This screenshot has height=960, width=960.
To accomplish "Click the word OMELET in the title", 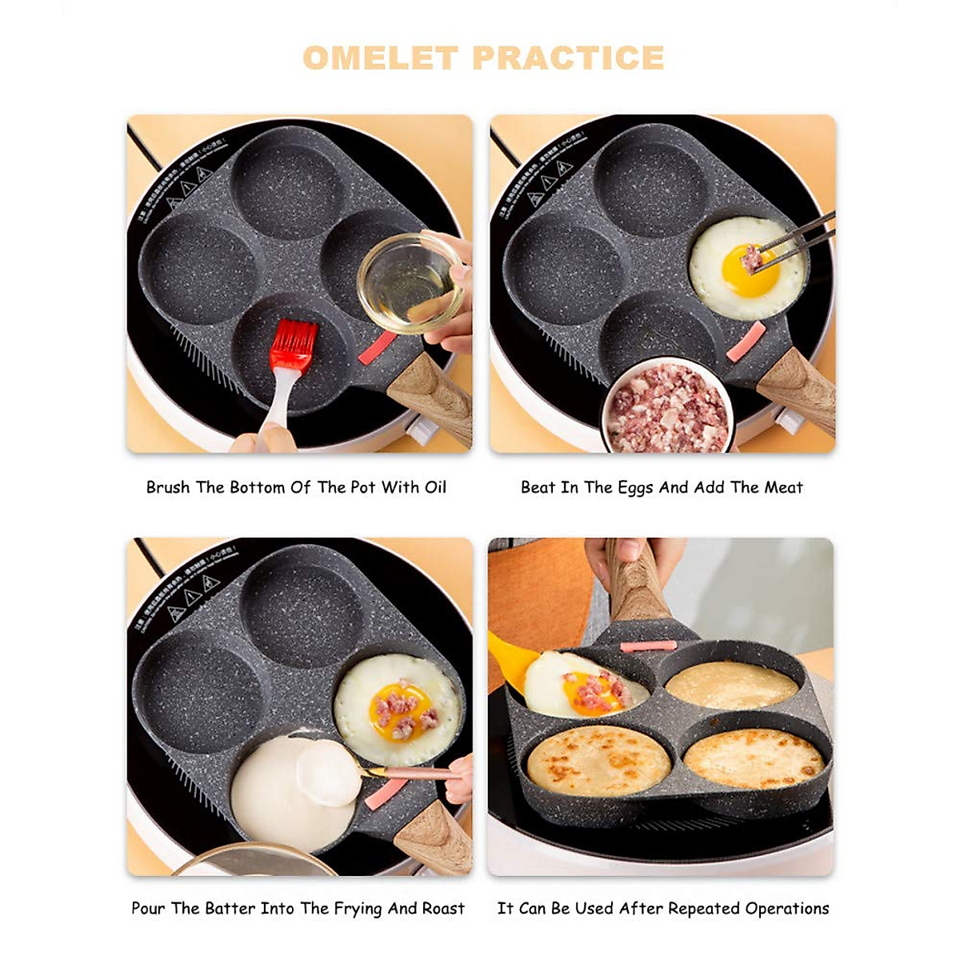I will click(380, 58).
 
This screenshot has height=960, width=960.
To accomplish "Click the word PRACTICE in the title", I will click(568, 58).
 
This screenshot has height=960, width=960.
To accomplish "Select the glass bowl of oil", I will click(408, 282).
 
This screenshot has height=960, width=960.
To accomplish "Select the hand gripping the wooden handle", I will click(632, 560).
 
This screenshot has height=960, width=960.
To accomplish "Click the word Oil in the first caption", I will click(434, 487).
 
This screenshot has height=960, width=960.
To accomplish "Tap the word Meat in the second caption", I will click(782, 487).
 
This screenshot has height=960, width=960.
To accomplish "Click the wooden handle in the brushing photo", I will click(430, 396).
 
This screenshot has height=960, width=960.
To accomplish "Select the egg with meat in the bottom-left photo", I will click(398, 708).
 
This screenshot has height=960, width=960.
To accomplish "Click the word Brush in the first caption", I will click(168, 487).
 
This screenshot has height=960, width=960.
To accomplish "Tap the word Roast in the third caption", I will click(443, 908).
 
